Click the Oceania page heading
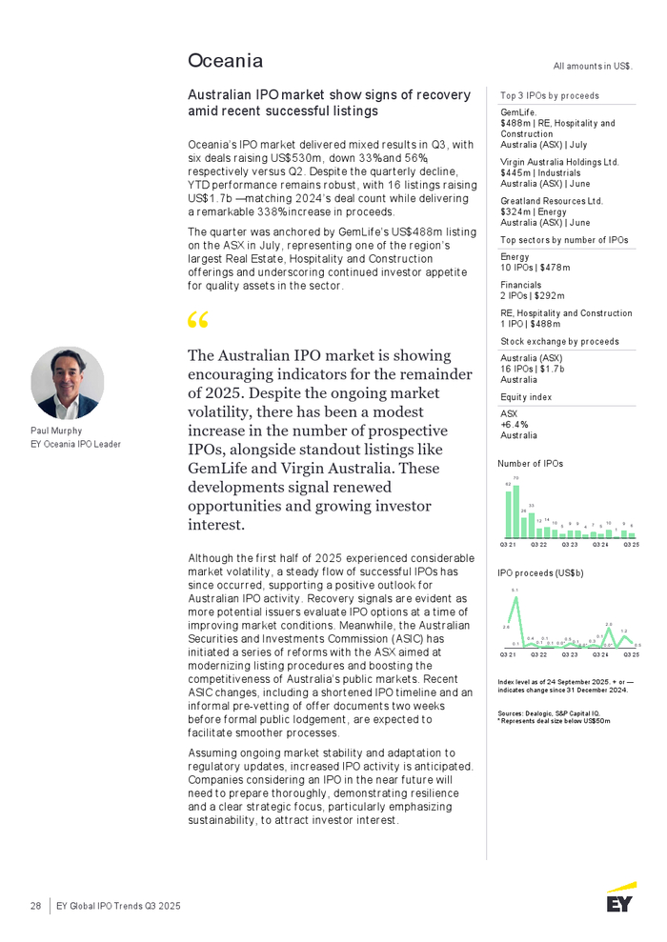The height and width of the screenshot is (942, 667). tap(225, 61)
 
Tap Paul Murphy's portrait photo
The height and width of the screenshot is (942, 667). tap(67, 383)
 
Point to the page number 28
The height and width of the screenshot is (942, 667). tap(34, 905)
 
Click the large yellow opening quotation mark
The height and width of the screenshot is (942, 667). tap(199, 322)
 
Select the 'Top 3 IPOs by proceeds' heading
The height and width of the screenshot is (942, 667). tap(550, 95)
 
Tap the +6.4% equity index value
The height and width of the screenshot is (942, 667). tap(515, 425)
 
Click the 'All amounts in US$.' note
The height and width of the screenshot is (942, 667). tap(593, 66)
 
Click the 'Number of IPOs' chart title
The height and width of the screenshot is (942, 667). tap(531, 464)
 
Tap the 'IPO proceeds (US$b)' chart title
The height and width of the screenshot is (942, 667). tap(541, 572)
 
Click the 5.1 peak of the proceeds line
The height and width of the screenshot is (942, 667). tap(515, 597)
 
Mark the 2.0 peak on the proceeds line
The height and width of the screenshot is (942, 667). tap(608, 630)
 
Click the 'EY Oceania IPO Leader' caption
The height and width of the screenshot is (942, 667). tap(75, 444)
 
